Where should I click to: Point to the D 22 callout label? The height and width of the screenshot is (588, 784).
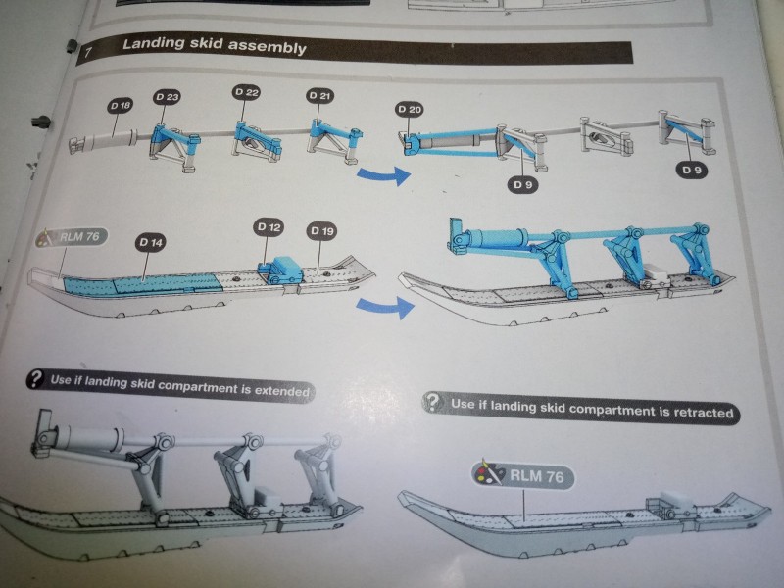[x=246, y=91]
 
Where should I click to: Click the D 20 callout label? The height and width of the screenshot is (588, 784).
[x=410, y=109]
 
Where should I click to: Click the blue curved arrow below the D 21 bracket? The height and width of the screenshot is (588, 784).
[x=379, y=175]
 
